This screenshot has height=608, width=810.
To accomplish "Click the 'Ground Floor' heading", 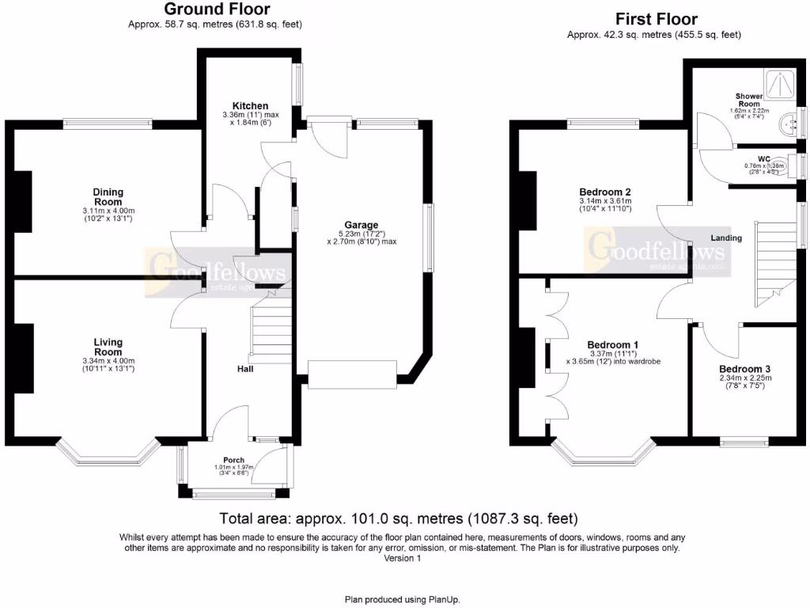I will [x=216, y=9].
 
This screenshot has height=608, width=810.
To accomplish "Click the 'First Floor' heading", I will [x=656, y=19].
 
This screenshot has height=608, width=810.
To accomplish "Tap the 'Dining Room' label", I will [x=108, y=196].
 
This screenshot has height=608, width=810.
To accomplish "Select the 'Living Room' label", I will [x=108, y=347].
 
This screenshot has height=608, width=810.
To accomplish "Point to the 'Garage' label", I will [x=361, y=225].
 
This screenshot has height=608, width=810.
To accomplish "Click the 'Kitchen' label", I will [x=250, y=105].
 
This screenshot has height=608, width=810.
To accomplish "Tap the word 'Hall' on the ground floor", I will [x=246, y=369].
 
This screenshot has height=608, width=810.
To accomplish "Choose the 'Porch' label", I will [x=233, y=460].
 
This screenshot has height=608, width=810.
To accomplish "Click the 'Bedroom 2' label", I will [x=605, y=192].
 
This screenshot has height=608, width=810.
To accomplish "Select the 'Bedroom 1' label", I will [x=613, y=345].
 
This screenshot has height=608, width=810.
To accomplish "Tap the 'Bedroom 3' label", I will [x=744, y=369].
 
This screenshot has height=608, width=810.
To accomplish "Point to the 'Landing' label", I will [x=726, y=237].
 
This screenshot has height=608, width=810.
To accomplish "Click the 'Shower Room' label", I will [x=748, y=100].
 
